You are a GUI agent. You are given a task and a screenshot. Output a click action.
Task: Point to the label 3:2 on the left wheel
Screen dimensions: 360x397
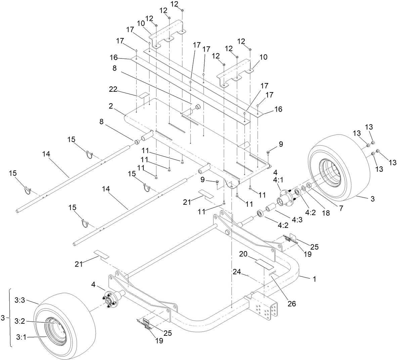click(x=20, y=321)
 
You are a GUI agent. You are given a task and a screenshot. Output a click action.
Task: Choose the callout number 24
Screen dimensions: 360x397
click(x=237, y=273)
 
